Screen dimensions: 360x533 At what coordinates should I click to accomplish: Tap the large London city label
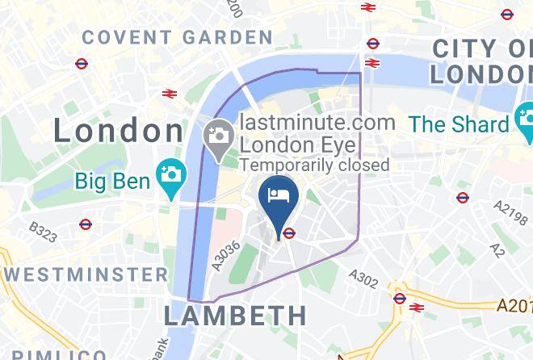[x=119, y=131]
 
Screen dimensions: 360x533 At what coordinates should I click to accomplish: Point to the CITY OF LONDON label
[x=481, y=61]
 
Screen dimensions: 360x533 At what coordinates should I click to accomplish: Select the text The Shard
[x=460, y=124]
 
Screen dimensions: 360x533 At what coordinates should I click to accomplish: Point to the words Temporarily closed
[x=315, y=165]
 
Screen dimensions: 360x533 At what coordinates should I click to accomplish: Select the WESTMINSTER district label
[x=84, y=274]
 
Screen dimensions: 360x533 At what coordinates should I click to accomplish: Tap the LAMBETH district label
[x=235, y=315]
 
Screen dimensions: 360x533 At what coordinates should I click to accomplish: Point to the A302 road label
[x=363, y=278]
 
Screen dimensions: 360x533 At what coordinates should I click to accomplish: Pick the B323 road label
[x=42, y=232]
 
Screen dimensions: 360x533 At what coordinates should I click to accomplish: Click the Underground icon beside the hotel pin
[x=288, y=233]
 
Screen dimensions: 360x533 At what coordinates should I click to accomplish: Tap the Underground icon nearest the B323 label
[x=86, y=224]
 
